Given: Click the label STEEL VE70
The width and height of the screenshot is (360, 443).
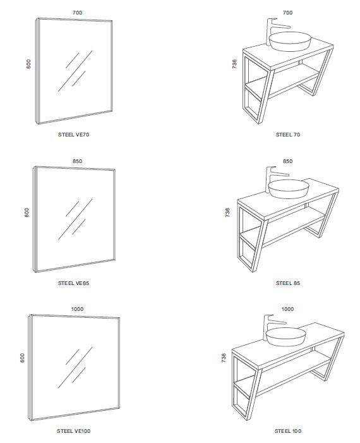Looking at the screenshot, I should coord(74,135).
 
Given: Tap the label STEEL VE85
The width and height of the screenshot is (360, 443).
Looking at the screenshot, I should coord(74,284).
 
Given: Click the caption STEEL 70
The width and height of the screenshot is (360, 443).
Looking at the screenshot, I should coord(287,135).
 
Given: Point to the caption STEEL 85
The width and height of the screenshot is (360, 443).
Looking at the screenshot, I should coord(287,284).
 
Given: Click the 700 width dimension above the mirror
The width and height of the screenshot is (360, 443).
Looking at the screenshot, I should coord(78,13).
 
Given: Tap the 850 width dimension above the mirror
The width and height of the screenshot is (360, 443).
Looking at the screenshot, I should coord(77,161).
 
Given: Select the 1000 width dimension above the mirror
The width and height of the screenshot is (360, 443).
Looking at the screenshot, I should coord(78,309).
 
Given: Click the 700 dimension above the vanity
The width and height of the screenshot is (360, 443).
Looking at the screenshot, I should coord(287,13).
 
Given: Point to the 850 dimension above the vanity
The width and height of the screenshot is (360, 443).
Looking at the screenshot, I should coord(287,161).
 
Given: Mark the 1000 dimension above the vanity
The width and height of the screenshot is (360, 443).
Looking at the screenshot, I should coord(287,309).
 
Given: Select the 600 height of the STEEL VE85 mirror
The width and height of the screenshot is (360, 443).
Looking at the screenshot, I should coord(27,212).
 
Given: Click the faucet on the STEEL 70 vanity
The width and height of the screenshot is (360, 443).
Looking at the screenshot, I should coord(273,28).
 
